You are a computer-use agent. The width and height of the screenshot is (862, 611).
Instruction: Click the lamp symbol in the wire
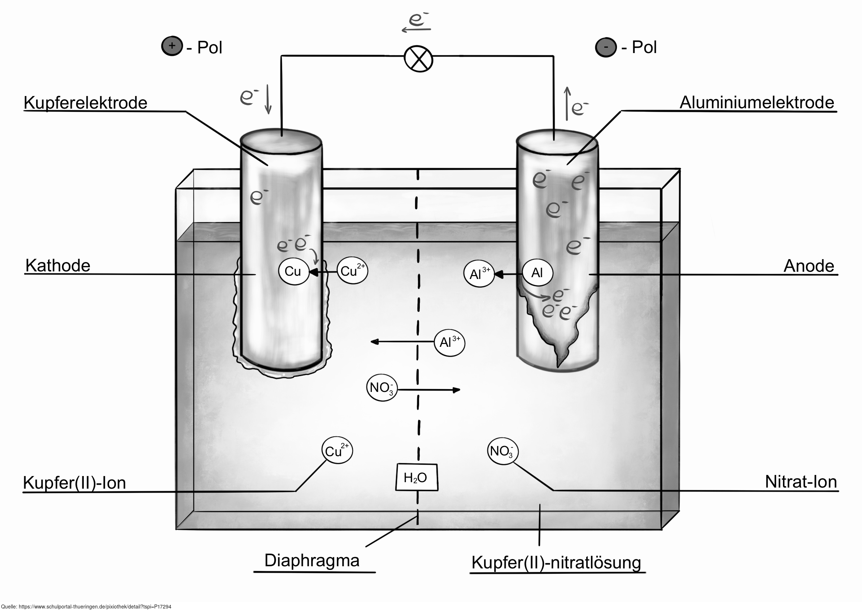(x=418, y=59)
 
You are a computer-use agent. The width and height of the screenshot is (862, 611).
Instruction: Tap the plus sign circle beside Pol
(x=172, y=47)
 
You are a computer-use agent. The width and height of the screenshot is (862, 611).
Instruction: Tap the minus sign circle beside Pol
(x=605, y=48)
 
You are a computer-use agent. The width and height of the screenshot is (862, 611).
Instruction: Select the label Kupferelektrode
(x=86, y=103)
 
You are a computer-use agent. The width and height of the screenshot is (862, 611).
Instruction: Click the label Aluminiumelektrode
(x=757, y=102)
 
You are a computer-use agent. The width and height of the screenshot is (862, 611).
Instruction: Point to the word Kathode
(x=58, y=266)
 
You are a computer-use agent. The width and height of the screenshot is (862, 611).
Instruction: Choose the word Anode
(x=809, y=266)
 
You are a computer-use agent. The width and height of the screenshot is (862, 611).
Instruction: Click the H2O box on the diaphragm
(x=416, y=477)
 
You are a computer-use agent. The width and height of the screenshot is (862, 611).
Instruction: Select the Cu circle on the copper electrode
(x=293, y=271)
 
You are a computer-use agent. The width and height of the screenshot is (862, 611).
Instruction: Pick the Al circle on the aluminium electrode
(x=537, y=273)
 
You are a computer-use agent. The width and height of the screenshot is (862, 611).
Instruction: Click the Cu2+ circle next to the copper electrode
(x=352, y=271)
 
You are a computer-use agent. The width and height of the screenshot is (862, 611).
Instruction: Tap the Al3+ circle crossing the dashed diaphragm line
(x=450, y=342)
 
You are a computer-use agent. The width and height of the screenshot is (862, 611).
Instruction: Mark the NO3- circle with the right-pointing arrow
(x=382, y=388)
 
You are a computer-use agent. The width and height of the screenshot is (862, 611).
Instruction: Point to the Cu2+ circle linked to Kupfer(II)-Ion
(x=337, y=450)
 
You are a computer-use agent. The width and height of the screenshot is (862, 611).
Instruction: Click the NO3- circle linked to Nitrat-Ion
(x=502, y=451)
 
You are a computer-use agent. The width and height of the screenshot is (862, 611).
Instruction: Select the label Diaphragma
(x=312, y=560)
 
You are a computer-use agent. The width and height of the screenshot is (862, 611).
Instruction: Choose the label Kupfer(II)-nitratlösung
(x=556, y=563)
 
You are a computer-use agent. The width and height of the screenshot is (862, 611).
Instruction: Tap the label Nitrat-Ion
(x=801, y=482)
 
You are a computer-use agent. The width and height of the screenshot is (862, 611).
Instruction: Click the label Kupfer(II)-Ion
(x=74, y=483)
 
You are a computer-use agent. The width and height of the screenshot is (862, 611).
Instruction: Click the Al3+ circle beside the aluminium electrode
(x=479, y=274)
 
